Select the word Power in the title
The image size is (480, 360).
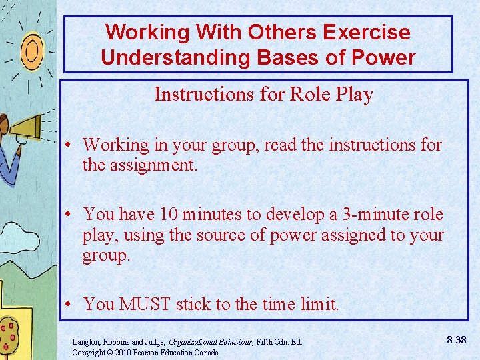pyautogui.click(x=387, y=57)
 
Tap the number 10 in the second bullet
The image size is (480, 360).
pyautogui.click(x=172, y=215)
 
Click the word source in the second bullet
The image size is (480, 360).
pyautogui.click(x=188, y=235)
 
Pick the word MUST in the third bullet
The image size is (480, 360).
pyautogui.click(x=145, y=305)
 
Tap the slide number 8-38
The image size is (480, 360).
pyautogui.click(x=457, y=340)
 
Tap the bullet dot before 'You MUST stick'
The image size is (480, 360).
pyautogui.click(x=69, y=305)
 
